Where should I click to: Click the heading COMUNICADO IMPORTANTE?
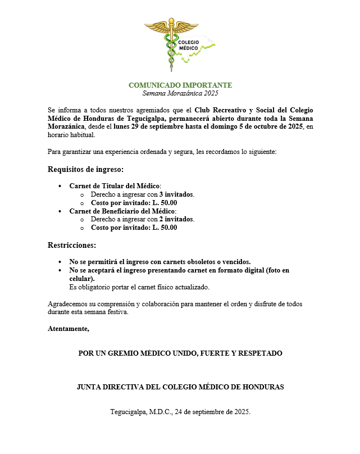[x=180, y=85]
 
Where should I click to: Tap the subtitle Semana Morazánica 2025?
[x=180, y=93]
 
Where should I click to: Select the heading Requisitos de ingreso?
[x=85, y=169]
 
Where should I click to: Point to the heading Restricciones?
[x=72, y=245]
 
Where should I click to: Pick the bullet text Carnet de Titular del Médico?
[x=115, y=186]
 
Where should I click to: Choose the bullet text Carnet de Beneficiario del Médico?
[x=122, y=211]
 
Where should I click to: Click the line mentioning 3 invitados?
[x=143, y=194]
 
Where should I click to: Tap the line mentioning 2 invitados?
[x=143, y=219]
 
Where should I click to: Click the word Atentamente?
[x=69, y=329]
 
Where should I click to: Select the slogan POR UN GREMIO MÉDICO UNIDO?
[x=180, y=353]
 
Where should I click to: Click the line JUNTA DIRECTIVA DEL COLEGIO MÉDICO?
[x=180, y=387]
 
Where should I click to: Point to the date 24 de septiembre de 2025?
[x=212, y=412]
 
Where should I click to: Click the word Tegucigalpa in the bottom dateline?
[x=128, y=412]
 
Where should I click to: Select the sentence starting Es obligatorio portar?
[x=139, y=287]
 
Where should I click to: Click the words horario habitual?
[x=72, y=135]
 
